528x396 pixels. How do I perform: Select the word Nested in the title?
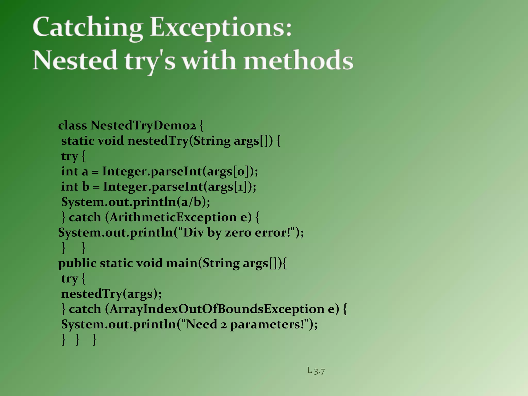pyautogui.click(x=75, y=60)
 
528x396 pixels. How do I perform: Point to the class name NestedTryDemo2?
pyautogui.click(x=143, y=126)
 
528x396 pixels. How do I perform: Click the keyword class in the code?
pyautogui.click(x=72, y=126)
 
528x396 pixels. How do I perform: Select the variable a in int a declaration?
pyautogui.click(x=85, y=172)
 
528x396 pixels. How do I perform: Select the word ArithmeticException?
pyautogui.click(x=173, y=217)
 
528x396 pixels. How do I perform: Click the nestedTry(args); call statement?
pyautogui.click(x=111, y=294)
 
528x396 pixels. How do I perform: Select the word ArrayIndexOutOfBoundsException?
pyautogui.click(x=217, y=309)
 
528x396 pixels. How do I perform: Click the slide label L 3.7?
pyautogui.click(x=316, y=371)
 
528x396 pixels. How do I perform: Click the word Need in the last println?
pyautogui.click(x=201, y=324)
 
